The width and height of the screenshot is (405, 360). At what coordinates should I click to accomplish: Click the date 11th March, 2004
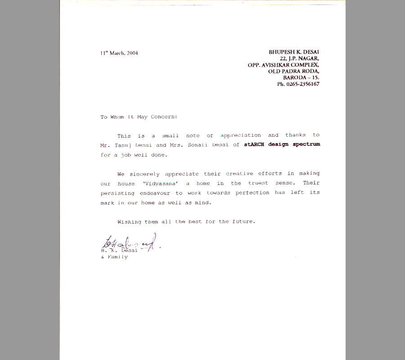coord(119,53)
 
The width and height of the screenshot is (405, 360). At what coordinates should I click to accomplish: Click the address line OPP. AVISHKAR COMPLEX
coord(283,65)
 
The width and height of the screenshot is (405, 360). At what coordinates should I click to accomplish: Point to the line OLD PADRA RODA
coord(294,71)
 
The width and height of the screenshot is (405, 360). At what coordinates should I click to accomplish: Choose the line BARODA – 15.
coord(301,77)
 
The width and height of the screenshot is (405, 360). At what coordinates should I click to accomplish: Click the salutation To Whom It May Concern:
coord(139,117)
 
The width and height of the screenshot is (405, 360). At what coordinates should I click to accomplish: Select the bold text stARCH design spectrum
coord(282,145)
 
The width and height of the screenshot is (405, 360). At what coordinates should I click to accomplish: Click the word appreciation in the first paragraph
coord(241,135)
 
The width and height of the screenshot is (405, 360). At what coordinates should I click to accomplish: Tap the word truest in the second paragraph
coord(257,184)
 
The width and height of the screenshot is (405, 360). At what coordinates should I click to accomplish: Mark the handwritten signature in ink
coord(130,243)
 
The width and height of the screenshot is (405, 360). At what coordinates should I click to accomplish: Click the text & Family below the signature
coord(114,257)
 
